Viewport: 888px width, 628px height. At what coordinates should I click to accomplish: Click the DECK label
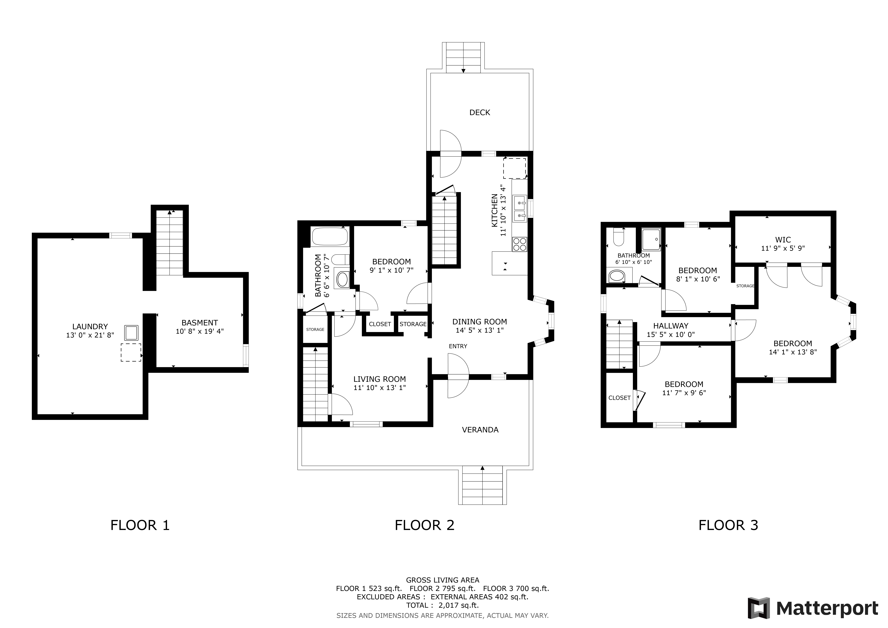(480, 113)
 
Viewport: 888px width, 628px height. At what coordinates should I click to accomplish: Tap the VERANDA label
(480, 430)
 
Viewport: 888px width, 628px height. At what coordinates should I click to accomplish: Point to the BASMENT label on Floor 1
(200, 322)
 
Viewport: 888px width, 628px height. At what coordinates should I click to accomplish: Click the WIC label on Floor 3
(783, 240)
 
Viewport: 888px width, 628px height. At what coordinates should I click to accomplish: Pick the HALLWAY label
(671, 326)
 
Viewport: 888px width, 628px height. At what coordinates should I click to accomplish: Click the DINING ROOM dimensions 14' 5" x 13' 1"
(480, 330)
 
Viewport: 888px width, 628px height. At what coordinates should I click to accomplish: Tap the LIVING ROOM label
(379, 379)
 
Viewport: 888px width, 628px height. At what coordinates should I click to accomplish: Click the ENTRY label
(458, 346)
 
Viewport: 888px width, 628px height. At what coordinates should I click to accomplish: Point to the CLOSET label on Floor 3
(619, 398)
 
